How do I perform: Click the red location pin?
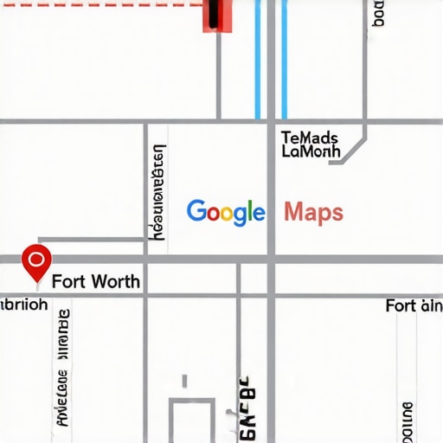[x=35, y=261]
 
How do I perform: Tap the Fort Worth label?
[x=95, y=282]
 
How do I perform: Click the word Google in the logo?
[x=225, y=212]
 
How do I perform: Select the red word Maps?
[x=313, y=212]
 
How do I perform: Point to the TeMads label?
[x=310, y=137]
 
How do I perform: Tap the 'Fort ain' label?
[x=414, y=305]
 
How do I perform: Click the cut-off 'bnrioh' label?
[x=24, y=305]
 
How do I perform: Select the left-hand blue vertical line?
[x=258, y=61]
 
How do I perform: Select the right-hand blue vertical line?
[x=284, y=61]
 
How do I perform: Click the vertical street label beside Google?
[x=158, y=192]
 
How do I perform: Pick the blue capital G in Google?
[x=196, y=211]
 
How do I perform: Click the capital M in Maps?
[x=292, y=211]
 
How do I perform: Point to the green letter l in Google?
[x=249, y=210]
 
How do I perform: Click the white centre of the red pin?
[x=35, y=258]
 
